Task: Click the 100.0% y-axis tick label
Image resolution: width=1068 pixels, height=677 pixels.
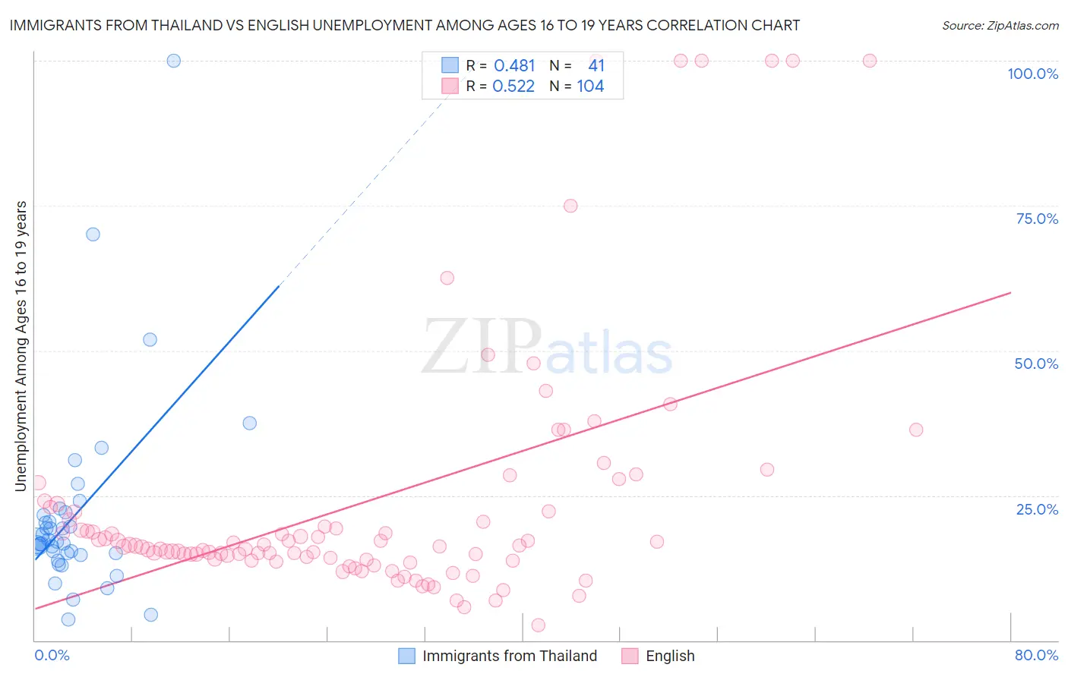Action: click(1032, 74)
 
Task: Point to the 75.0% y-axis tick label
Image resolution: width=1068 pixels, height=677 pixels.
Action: click(1037, 219)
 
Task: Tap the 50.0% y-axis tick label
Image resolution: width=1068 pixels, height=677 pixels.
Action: click(1036, 364)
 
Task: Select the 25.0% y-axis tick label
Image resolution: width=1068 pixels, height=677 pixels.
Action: click(1037, 509)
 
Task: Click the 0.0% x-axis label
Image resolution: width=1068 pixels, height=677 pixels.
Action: click(52, 655)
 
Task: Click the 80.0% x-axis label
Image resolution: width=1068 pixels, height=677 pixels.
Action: click(1036, 655)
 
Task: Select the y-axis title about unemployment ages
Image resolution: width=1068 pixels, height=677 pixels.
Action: click(21, 346)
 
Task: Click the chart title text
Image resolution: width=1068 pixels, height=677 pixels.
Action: click(404, 25)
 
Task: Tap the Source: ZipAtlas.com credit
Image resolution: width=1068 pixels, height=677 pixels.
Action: click(1000, 25)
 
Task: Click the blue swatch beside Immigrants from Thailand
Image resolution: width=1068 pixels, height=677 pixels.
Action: click(407, 656)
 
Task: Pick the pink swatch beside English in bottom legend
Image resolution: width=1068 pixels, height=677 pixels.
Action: click(630, 656)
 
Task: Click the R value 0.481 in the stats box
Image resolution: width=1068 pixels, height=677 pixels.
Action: click(514, 66)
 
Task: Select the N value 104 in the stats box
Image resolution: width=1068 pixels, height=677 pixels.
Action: click(590, 87)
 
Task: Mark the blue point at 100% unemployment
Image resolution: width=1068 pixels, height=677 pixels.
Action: click(174, 61)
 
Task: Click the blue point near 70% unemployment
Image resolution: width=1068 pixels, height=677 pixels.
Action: click(93, 235)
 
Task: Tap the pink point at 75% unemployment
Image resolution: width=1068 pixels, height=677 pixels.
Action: click(570, 206)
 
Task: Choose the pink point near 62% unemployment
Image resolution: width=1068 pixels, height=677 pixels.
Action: click(447, 279)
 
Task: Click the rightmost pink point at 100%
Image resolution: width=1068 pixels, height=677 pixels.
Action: click(870, 61)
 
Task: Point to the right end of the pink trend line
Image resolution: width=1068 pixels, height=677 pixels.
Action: click(1010, 292)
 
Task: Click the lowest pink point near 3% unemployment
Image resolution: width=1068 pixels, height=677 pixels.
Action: click(539, 625)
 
